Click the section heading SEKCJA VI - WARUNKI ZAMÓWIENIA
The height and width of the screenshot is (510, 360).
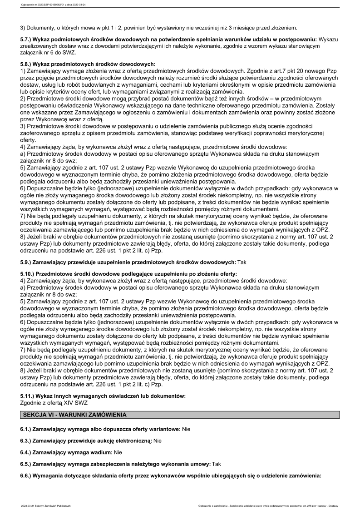(x=75, y=415)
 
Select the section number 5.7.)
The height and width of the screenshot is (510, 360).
(x=27, y=40)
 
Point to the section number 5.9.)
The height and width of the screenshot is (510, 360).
(x=27, y=262)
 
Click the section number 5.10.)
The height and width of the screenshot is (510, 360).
(x=29, y=274)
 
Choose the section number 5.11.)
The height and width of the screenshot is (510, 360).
(x=29, y=396)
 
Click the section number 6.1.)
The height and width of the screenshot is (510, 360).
(x=27, y=429)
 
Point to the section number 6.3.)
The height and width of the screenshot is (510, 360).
(x=27, y=441)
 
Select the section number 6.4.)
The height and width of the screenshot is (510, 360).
(x=27, y=452)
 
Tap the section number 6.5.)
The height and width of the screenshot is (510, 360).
(x=27, y=464)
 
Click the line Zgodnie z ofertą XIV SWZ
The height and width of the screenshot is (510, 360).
(x=54, y=402)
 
